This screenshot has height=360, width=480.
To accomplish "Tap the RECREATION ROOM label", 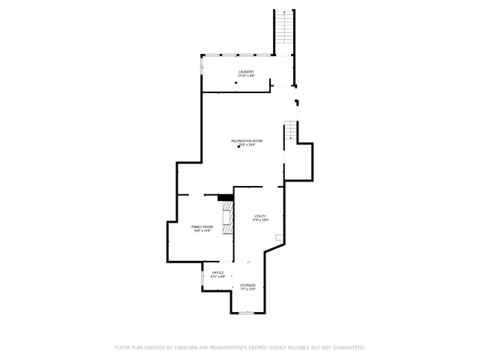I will click(x=246, y=141).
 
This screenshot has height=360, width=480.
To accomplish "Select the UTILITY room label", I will click(x=259, y=216).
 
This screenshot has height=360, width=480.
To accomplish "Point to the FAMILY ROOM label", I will click(x=202, y=226).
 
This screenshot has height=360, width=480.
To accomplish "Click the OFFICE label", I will click(x=217, y=272).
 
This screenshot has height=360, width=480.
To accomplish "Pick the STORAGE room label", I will click(x=247, y=285).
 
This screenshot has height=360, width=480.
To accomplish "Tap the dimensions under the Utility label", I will click(x=259, y=220).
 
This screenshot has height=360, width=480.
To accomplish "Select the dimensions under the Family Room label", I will click(x=202, y=231).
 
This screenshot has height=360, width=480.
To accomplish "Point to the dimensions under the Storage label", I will click(x=247, y=289).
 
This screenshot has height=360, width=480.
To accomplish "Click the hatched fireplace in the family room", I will click(x=226, y=217).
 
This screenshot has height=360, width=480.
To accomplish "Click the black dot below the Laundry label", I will click(x=235, y=82).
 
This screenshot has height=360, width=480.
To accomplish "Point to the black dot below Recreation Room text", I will click(x=238, y=147).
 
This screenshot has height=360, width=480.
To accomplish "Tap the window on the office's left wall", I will click(x=202, y=277).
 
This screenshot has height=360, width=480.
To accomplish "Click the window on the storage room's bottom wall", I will click(x=247, y=313).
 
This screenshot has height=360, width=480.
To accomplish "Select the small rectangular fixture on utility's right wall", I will click(x=279, y=238).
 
